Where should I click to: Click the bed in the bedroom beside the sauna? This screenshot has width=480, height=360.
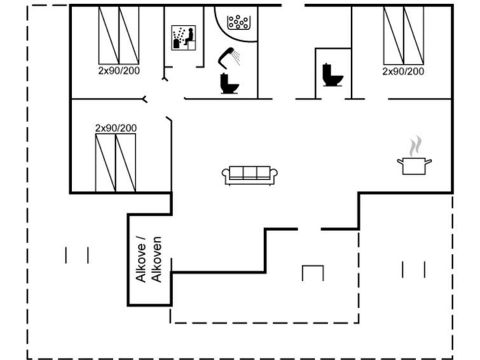tap(119, 35)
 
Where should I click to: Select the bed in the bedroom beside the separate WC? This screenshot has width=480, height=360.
tap(403, 35)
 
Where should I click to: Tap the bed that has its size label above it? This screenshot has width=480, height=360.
tap(115, 163)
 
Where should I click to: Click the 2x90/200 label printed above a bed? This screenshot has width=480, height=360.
tap(116, 128)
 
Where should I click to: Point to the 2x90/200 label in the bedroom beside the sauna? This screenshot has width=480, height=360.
tap(119, 71)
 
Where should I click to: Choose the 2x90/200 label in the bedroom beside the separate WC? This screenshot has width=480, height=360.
tap(403, 71)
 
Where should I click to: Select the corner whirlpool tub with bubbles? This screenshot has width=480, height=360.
tap(239, 21)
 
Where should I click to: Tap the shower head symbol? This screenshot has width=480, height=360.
tap(225, 57)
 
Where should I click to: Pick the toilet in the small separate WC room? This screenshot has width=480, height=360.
tap(333, 75)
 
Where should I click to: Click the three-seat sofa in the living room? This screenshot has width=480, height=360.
tap(250, 175)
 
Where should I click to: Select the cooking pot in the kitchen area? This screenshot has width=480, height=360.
tap(414, 166)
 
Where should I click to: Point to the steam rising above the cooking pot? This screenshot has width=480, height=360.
tap(415, 146)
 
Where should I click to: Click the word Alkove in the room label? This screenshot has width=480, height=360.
tap(141, 260)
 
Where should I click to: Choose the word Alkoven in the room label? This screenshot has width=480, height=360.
tap(158, 259)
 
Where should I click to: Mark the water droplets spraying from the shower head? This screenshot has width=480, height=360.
tap(237, 59)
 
